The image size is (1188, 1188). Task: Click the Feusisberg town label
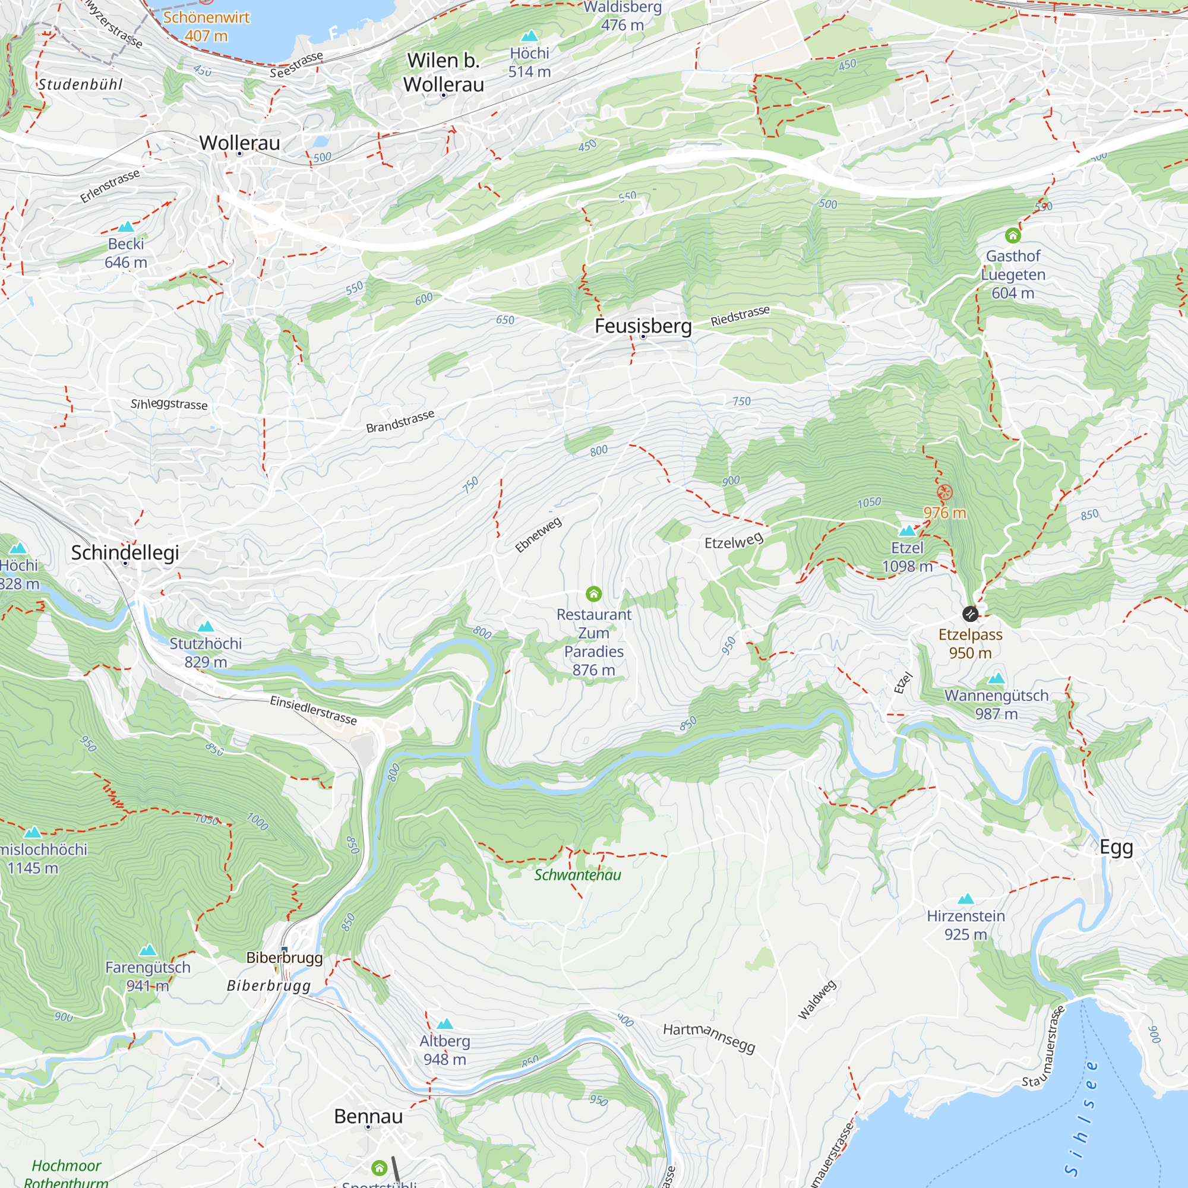pyautogui.click(x=643, y=326)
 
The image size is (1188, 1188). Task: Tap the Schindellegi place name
pyautogui.click(x=125, y=552)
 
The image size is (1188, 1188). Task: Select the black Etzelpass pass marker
pyautogui.click(x=970, y=614)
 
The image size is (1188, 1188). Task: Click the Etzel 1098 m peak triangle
pyautogui.click(x=907, y=530)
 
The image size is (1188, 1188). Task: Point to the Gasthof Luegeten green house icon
pyautogui.click(x=1013, y=235)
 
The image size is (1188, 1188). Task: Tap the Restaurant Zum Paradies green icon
pyautogui.click(x=593, y=594)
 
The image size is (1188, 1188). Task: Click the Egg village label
pyautogui.click(x=1116, y=848)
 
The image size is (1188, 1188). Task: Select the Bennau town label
pyautogui.click(x=368, y=1116)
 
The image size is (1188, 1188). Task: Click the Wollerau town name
pyautogui.click(x=239, y=143)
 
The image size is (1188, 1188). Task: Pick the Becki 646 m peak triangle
pyautogui.click(x=126, y=226)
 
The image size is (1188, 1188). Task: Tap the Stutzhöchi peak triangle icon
pyautogui.click(x=206, y=627)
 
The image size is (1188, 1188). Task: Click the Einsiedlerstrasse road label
pyautogui.click(x=313, y=710)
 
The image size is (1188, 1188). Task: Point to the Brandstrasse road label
pyautogui.click(x=400, y=421)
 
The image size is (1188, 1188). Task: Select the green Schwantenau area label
pyautogui.click(x=577, y=874)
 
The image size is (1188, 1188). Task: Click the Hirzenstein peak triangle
pyautogui.click(x=966, y=899)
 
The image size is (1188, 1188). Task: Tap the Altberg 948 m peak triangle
pyautogui.click(x=444, y=1024)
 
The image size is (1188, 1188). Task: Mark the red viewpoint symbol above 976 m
pyautogui.click(x=944, y=492)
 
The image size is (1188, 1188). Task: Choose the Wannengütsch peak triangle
pyautogui.click(x=996, y=679)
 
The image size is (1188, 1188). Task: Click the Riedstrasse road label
pyautogui.click(x=740, y=315)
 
